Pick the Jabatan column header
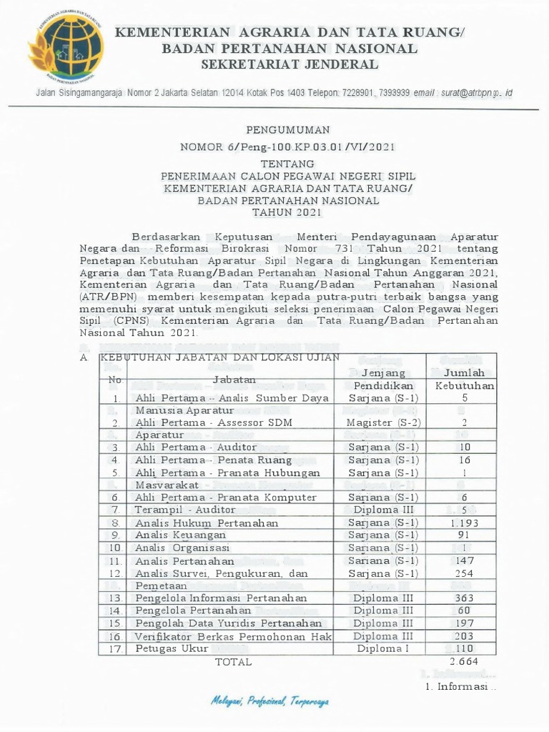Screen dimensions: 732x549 click(234, 379)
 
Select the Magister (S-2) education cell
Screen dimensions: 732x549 click(384, 422)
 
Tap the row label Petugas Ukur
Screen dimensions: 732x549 click(172, 648)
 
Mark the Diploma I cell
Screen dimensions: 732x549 click(384, 648)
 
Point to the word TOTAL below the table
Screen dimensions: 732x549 click(234, 662)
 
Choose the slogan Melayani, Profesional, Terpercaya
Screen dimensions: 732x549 click(269, 701)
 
